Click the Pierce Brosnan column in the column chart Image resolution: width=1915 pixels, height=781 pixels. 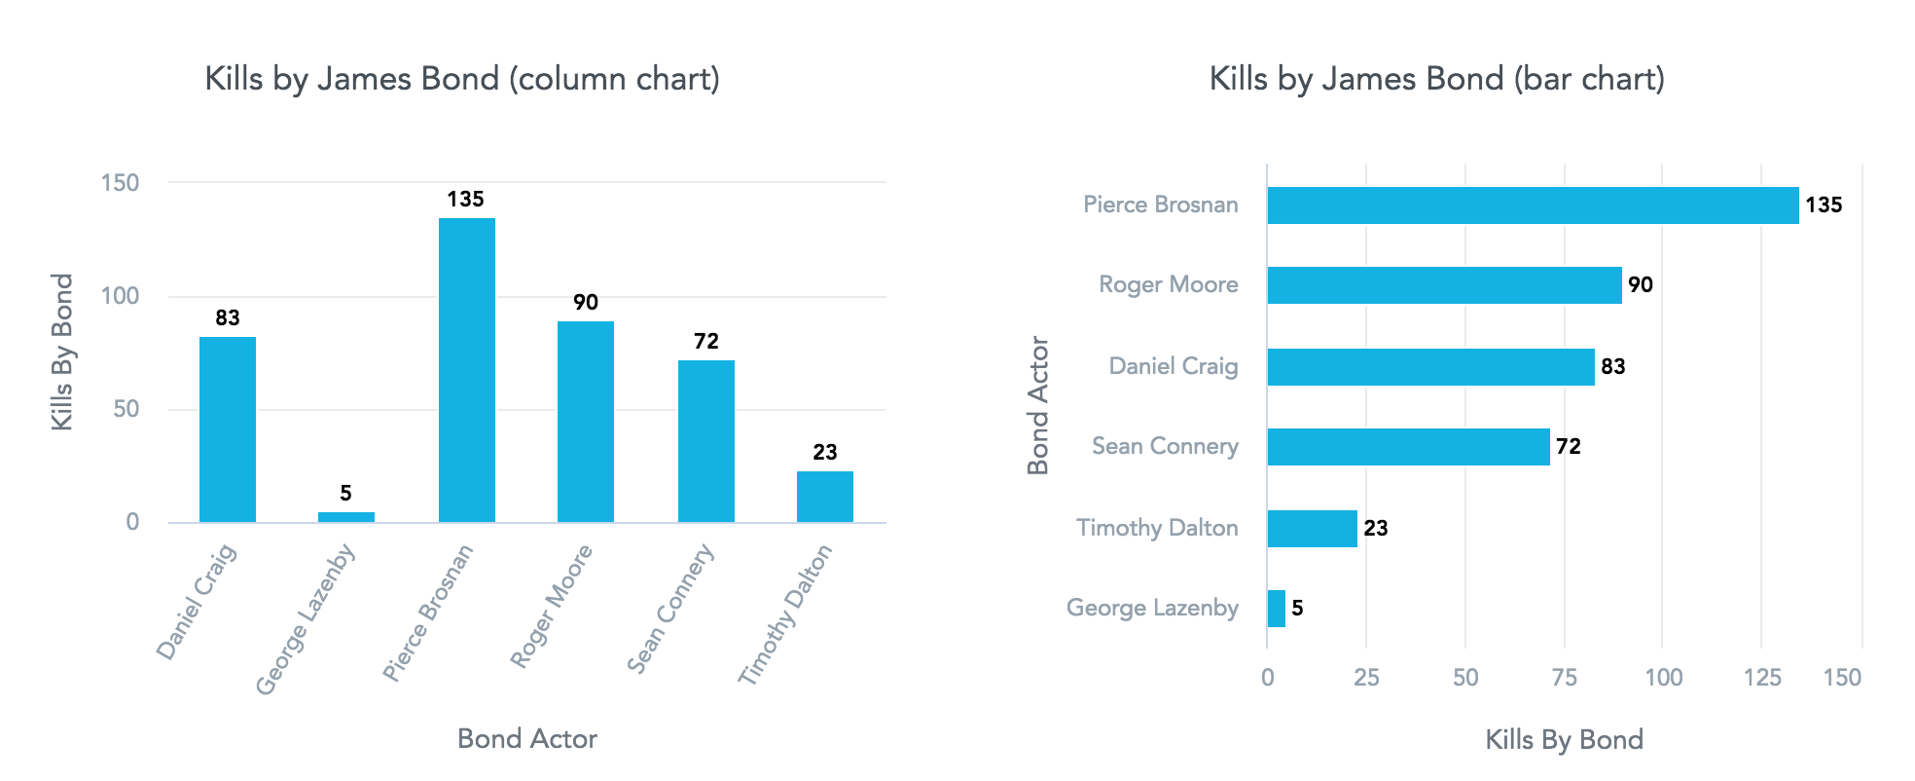(x=466, y=370)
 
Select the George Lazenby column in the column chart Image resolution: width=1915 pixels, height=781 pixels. (x=345, y=516)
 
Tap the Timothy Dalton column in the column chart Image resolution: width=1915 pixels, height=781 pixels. (x=824, y=497)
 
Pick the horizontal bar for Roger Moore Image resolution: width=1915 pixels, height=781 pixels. (x=1444, y=285)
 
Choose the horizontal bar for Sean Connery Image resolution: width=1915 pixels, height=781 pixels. (x=1408, y=447)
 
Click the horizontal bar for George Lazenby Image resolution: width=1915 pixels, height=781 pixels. (x=1276, y=609)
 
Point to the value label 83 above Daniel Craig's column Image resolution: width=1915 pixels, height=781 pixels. (x=228, y=317)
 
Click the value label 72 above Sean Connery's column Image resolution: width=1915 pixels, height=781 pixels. (x=705, y=341)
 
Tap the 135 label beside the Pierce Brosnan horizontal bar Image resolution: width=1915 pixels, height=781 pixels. (x=1824, y=205)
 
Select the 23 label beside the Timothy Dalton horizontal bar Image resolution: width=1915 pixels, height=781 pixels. (x=1375, y=529)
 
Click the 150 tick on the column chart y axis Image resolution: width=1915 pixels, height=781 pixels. (x=121, y=183)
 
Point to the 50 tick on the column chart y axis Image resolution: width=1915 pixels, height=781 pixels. (x=126, y=409)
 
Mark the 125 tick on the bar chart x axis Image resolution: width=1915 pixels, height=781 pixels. (x=1761, y=678)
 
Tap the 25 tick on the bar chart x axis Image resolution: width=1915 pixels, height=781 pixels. (x=1366, y=678)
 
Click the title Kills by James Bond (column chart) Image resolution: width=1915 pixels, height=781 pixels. (x=462, y=79)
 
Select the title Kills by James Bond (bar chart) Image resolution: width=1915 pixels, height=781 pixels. (x=1436, y=79)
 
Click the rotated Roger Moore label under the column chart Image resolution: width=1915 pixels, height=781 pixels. (x=551, y=607)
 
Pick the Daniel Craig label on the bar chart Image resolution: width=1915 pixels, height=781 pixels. (x=1174, y=366)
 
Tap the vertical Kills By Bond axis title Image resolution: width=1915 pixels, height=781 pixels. (x=62, y=352)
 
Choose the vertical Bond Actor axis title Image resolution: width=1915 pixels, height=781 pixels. (x=1038, y=405)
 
